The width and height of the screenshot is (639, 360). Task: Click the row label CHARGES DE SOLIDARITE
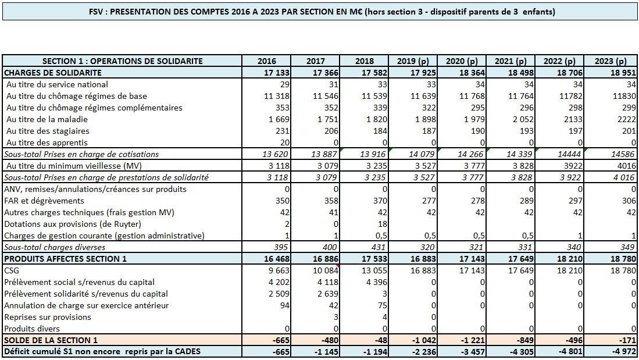tap(53, 73)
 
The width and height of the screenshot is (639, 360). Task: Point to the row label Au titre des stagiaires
tap(48, 131)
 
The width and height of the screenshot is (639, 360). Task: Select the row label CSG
tap(12, 270)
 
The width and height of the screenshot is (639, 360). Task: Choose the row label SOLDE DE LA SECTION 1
tap(51, 340)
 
